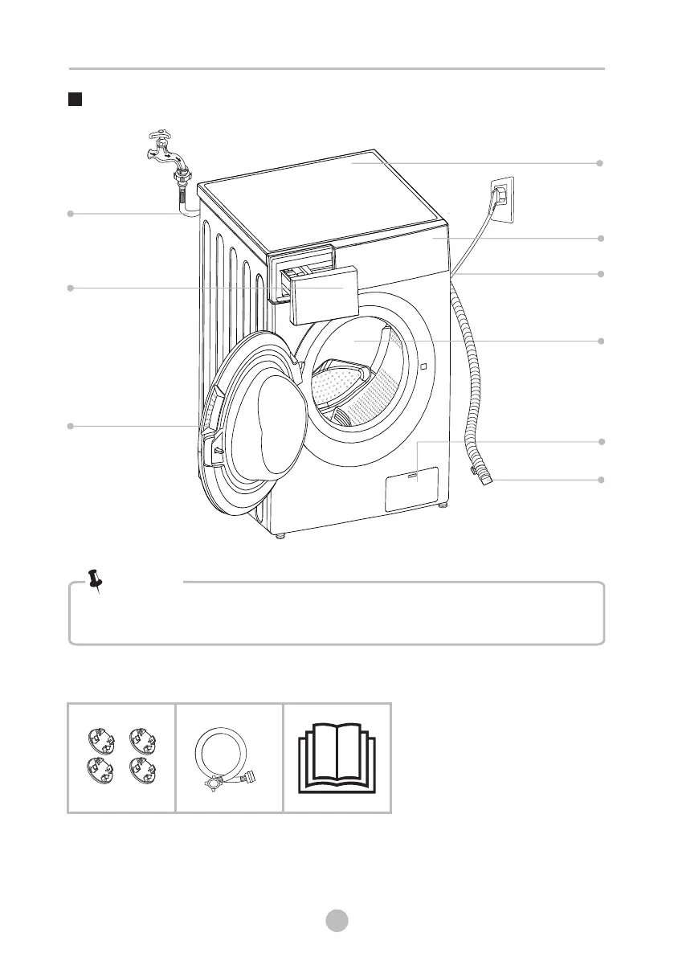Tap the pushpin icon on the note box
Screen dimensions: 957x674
pos(96,580)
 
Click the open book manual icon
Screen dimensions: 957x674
pos(337,757)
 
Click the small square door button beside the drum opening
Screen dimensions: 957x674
pos(422,367)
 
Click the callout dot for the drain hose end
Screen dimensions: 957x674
pos(600,480)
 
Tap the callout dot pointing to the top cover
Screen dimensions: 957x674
pos(600,163)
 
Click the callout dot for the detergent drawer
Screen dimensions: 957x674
pos(71,287)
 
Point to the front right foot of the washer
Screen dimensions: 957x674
pos(443,505)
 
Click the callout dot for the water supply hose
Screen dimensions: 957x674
pos(71,214)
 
